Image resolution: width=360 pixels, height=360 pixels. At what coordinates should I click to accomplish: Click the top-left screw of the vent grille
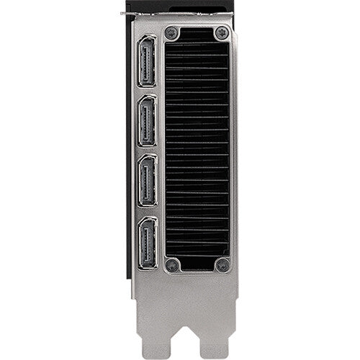[171, 33]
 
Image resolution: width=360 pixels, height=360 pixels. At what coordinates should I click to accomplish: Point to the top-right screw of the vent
[221, 33]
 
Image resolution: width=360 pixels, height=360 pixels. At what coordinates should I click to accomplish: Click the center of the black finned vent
[197, 148]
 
